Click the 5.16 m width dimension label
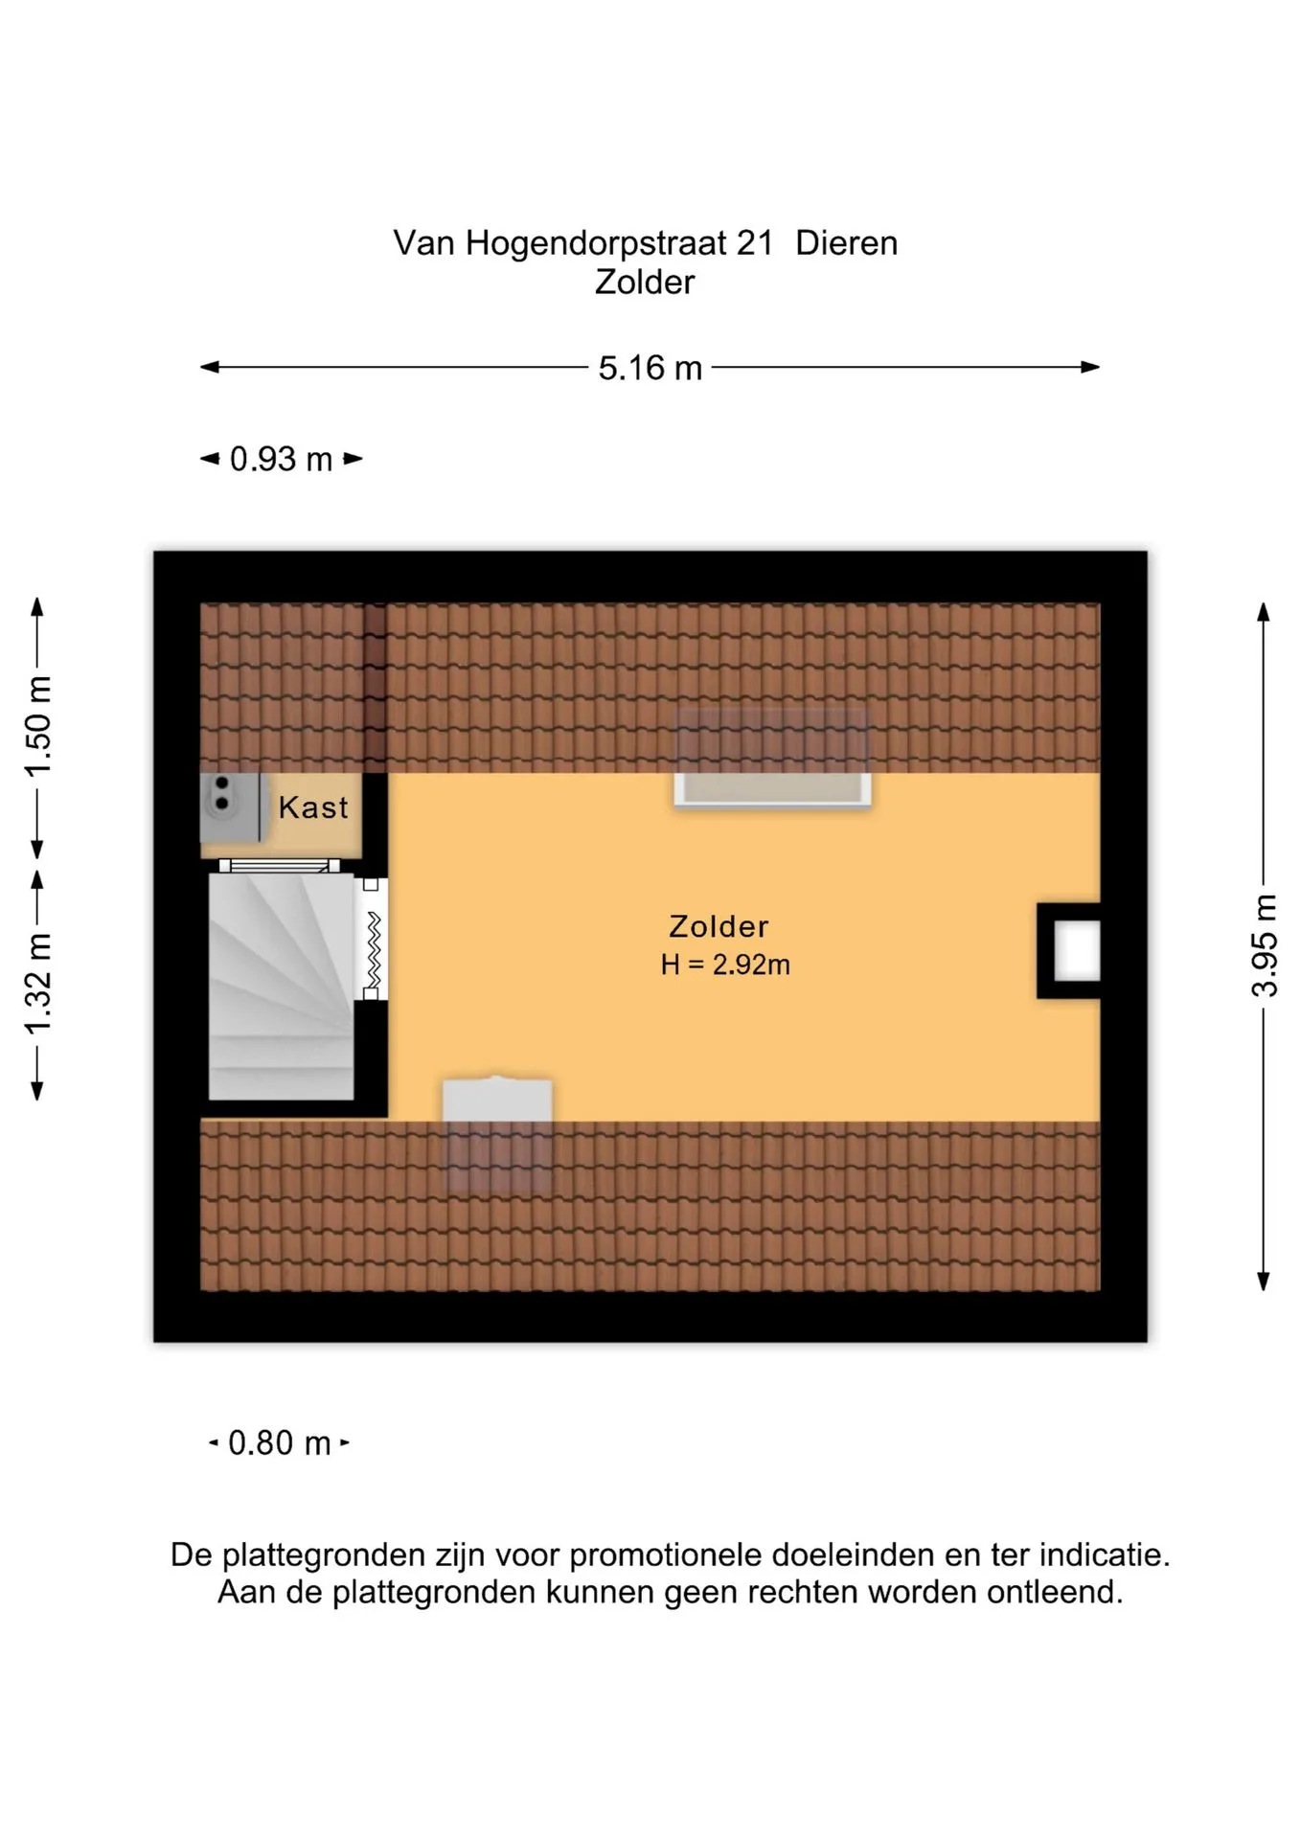(650, 368)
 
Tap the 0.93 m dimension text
(281, 460)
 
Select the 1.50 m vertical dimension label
(38, 727)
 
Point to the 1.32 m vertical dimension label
(38, 984)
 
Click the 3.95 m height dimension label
(1265, 945)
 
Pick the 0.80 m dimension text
(280, 1442)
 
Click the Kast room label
(313, 807)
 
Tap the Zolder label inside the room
(719, 926)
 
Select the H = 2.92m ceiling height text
(725, 965)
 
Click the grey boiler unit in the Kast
(230, 806)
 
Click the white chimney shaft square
(1078, 951)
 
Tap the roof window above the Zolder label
(772, 759)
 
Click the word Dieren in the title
(847, 243)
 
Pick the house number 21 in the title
(755, 243)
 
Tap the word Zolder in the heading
(645, 283)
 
